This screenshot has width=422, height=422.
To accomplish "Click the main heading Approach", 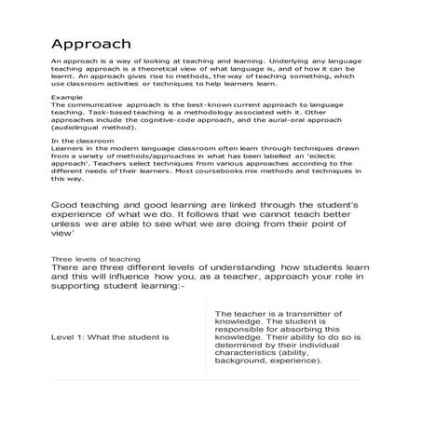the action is click(x=90, y=44).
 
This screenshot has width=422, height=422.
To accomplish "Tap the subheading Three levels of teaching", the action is click(x=95, y=259).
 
